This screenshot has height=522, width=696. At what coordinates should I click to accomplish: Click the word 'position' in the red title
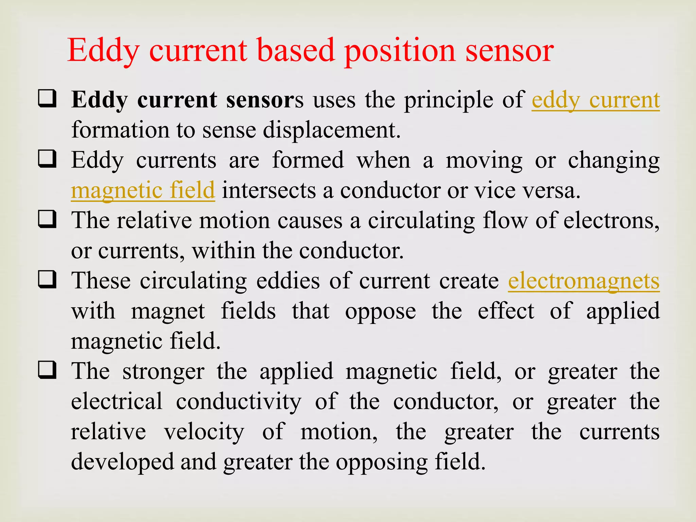(400, 51)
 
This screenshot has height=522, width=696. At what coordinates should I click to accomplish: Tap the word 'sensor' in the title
(509, 51)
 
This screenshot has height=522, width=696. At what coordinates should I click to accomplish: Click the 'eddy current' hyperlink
(595, 101)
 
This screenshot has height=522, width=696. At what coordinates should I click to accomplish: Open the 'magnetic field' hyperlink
(143, 190)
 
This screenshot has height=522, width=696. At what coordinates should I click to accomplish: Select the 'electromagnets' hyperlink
(584, 281)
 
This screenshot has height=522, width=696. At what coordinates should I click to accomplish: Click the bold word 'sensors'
(265, 101)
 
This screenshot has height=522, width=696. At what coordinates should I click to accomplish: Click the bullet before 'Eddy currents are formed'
(47, 159)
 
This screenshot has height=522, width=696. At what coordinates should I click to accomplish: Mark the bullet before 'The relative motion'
(47, 220)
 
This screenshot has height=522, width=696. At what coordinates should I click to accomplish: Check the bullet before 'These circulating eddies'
(47, 280)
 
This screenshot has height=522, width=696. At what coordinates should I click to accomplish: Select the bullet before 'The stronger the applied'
(47, 370)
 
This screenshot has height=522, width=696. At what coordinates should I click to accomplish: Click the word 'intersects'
(269, 190)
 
